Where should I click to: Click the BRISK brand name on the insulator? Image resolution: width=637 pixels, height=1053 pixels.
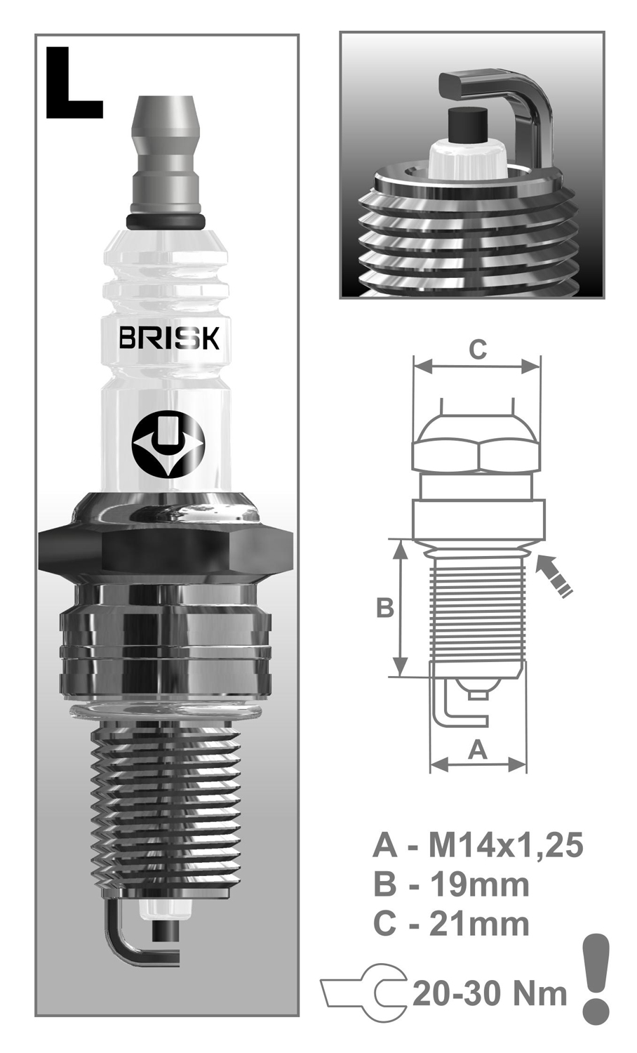tap(169, 338)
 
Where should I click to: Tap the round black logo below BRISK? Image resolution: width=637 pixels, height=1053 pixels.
tap(167, 444)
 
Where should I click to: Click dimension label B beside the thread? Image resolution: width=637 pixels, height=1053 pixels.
tap(384, 608)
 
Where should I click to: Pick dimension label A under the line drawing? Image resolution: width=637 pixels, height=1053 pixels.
tap(477, 750)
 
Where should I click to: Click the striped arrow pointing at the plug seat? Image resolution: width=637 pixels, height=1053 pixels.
tap(554, 576)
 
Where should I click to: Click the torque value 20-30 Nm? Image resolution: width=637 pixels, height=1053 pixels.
tap(489, 993)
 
